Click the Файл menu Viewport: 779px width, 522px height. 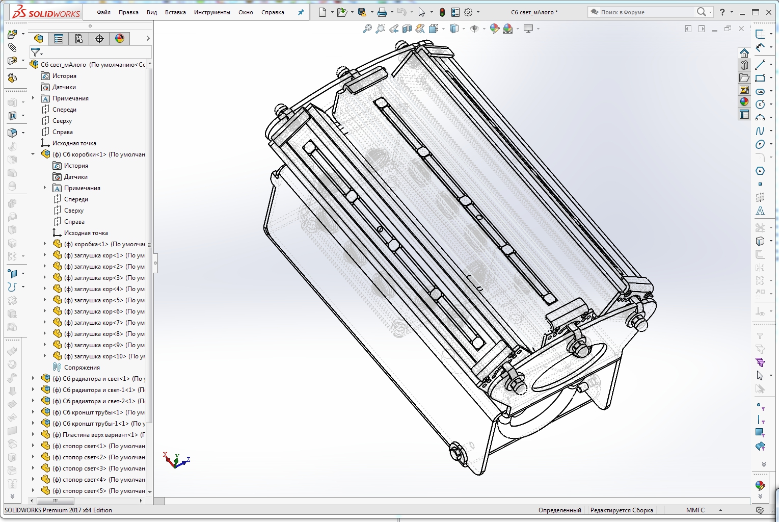point(103,12)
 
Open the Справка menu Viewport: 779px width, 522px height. point(273,12)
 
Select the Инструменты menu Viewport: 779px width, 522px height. point(212,12)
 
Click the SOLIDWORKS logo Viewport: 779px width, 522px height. point(46,12)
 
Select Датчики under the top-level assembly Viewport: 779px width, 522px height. point(64,87)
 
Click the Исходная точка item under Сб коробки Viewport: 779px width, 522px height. point(86,233)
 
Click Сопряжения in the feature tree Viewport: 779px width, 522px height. point(82,368)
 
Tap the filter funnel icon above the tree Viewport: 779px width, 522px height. point(35,53)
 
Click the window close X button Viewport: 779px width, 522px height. point(769,12)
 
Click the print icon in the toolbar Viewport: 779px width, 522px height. point(382,12)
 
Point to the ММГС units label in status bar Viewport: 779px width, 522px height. point(695,510)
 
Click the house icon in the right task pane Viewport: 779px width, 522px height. point(744,53)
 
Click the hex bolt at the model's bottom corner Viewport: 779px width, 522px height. point(456,452)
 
